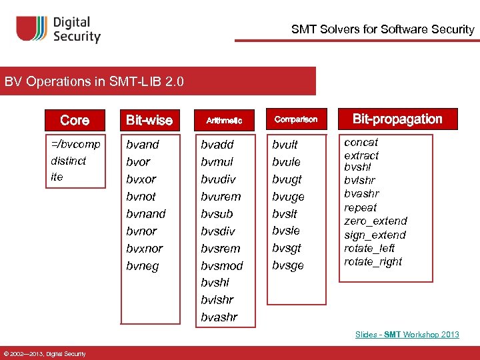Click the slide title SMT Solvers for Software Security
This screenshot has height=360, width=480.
382,29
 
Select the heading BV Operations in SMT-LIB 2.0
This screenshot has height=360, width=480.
94,82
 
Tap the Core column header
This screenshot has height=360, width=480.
74,120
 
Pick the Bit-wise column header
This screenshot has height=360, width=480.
149,120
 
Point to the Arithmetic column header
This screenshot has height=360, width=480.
223,121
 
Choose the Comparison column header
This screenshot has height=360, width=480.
295,120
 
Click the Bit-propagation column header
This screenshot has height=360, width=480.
397,119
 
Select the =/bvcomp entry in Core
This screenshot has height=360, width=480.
75,144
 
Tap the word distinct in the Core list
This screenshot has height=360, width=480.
69,161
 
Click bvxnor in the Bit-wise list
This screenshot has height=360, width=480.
145,248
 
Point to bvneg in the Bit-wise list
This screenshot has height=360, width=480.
143,265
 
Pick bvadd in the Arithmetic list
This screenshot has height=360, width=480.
218,144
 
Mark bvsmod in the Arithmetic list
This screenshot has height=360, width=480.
222,265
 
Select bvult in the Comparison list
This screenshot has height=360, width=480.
285,144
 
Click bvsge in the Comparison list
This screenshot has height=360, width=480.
288,265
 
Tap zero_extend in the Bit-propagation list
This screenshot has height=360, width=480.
375,221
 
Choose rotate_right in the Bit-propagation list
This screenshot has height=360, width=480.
373,261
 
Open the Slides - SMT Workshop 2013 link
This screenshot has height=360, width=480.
407,334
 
